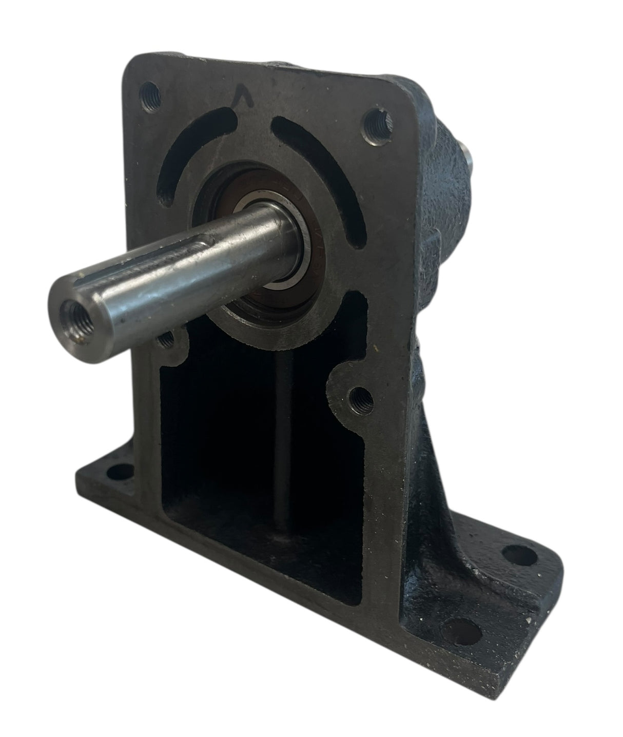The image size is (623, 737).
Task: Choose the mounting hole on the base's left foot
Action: coord(120,471)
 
